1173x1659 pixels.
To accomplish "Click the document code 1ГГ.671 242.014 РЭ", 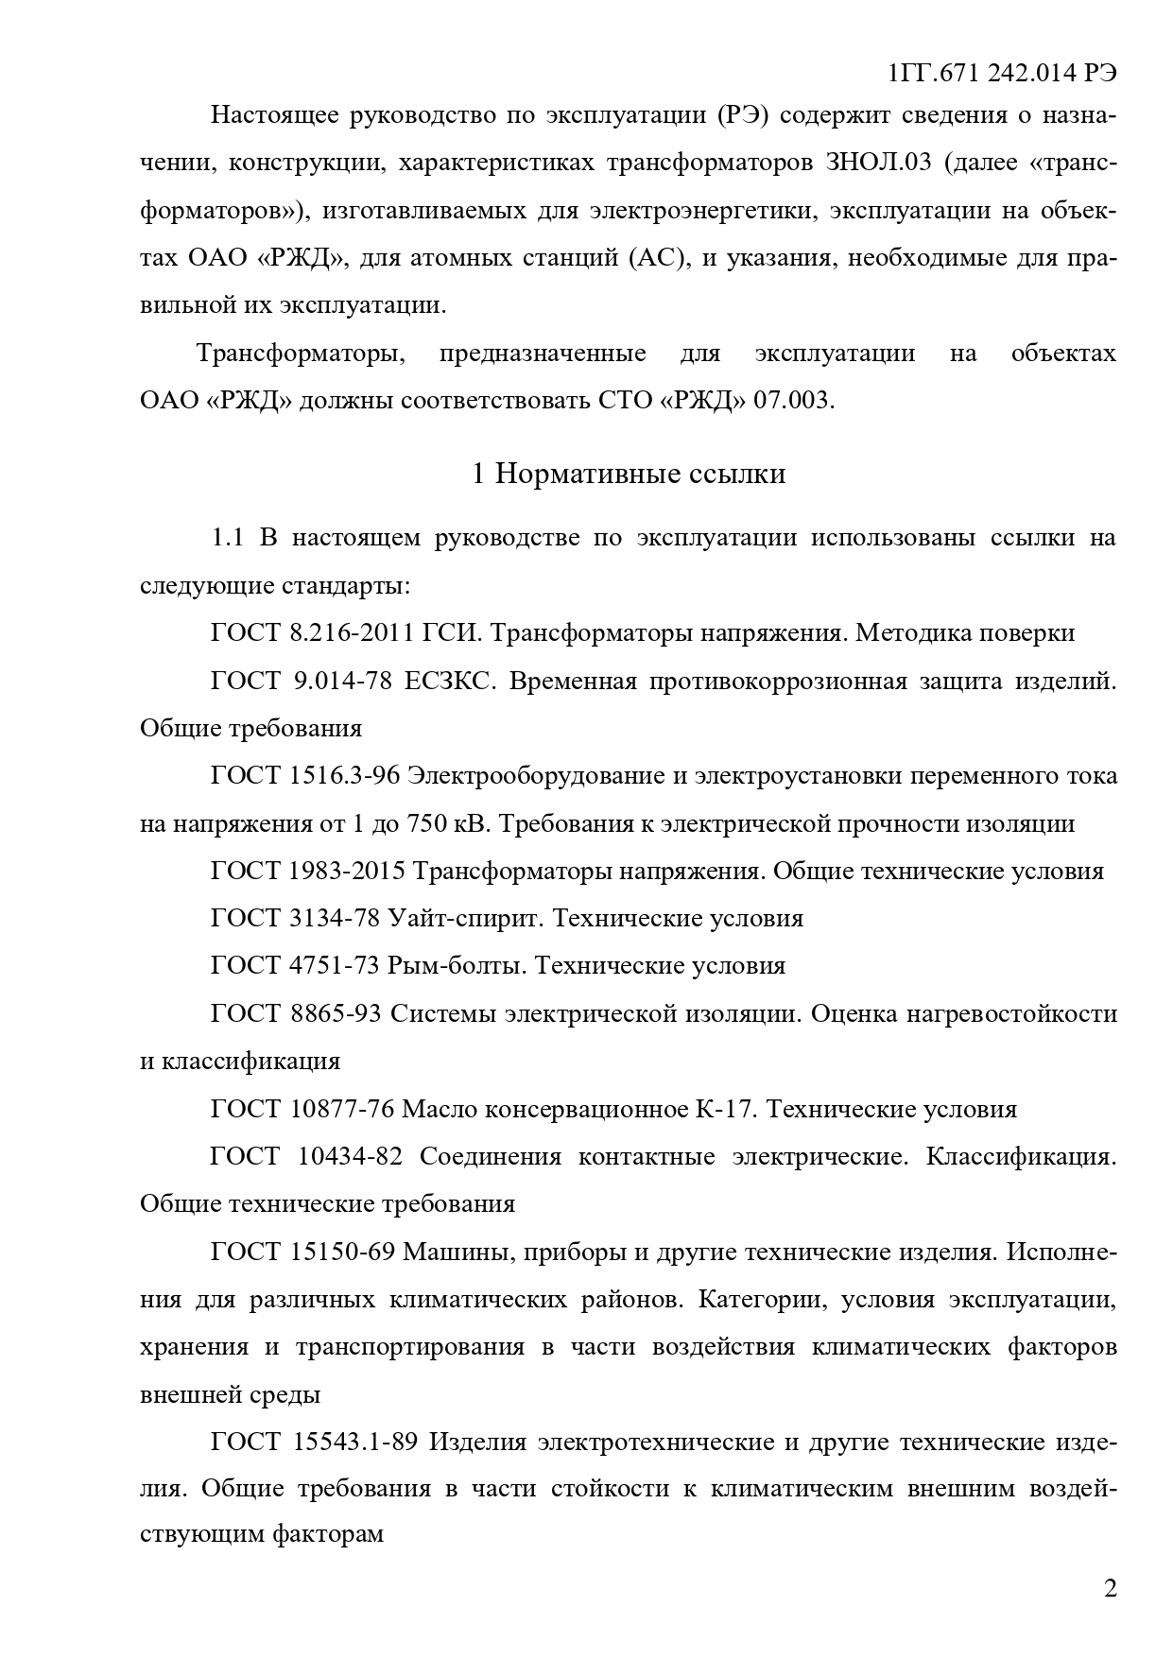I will (1003, 74).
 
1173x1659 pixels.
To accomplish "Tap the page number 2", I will (1110, 1587).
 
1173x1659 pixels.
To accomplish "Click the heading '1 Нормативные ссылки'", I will (629, 473).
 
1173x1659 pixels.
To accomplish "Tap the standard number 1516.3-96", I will (344, 776).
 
